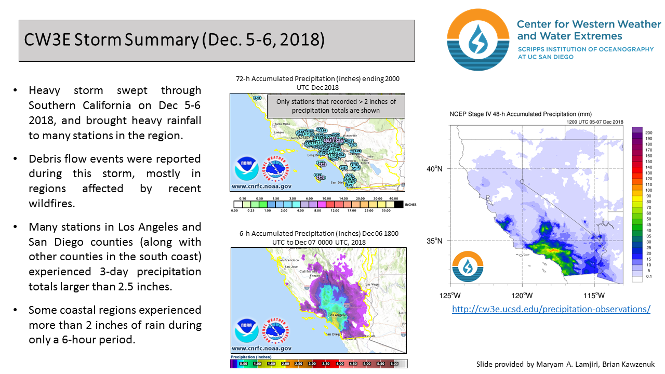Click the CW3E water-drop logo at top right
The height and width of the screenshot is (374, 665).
point(477,39)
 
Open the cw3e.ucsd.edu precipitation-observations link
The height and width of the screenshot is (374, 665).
point(551,309)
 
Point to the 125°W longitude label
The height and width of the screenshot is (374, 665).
point(449,296)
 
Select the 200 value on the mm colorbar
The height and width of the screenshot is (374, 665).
point(648,132)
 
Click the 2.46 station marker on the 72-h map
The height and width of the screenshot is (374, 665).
point(257,98)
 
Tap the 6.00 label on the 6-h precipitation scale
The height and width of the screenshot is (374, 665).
point(394,364)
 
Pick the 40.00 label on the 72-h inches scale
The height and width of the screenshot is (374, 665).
point(393,199)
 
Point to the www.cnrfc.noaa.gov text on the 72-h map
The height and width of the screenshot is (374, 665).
point(261,185)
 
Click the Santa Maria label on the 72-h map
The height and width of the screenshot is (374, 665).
point(282,124)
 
